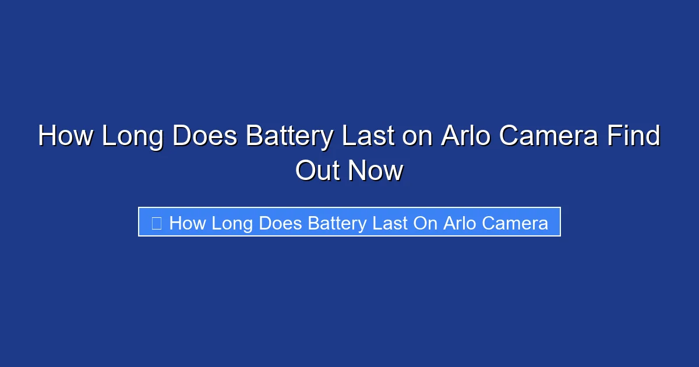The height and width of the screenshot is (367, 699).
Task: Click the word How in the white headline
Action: pyautogui.click(x=65, y=137)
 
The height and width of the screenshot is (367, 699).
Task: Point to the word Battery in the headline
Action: pyautogui.click(x=290, y=137)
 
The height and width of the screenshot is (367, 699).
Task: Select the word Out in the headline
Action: pyautogui.click(x=317, y=171)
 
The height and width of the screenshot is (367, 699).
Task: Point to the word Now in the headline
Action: pyautogui.click(x=376, y=171)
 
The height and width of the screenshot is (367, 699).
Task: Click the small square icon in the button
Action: pyautogui.click(x=156, y=223)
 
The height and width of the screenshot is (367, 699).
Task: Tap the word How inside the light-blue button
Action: pyautogui.click(x=187, y=223)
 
